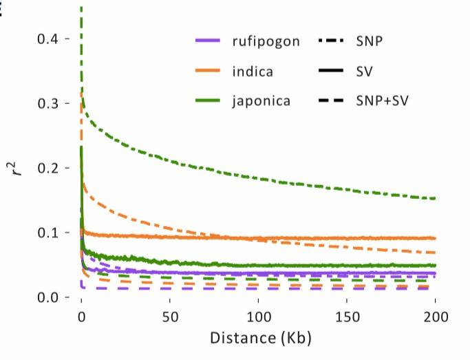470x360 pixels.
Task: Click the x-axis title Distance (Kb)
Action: [x=257, y=340]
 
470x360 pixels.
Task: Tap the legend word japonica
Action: [x=261, y=101]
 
